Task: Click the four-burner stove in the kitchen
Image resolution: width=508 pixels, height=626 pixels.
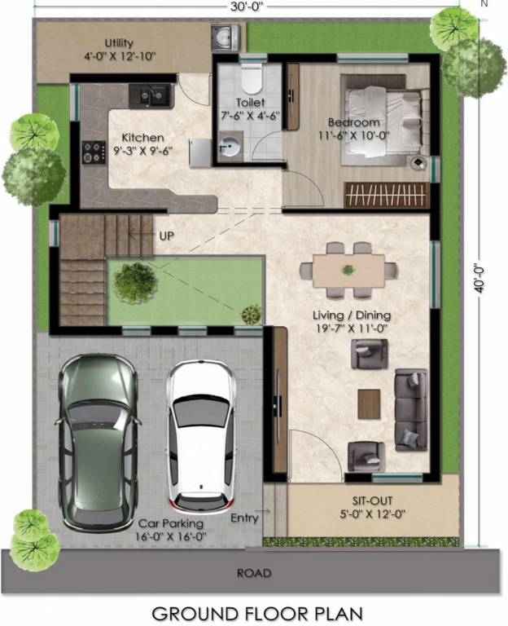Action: pos(94,152)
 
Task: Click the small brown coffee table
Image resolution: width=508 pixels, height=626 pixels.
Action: pos(369,403)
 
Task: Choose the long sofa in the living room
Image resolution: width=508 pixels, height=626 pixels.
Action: pos(410,409)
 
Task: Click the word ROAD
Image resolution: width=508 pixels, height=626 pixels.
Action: pos(254,573)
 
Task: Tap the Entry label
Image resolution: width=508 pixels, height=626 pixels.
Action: pos(244,518)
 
